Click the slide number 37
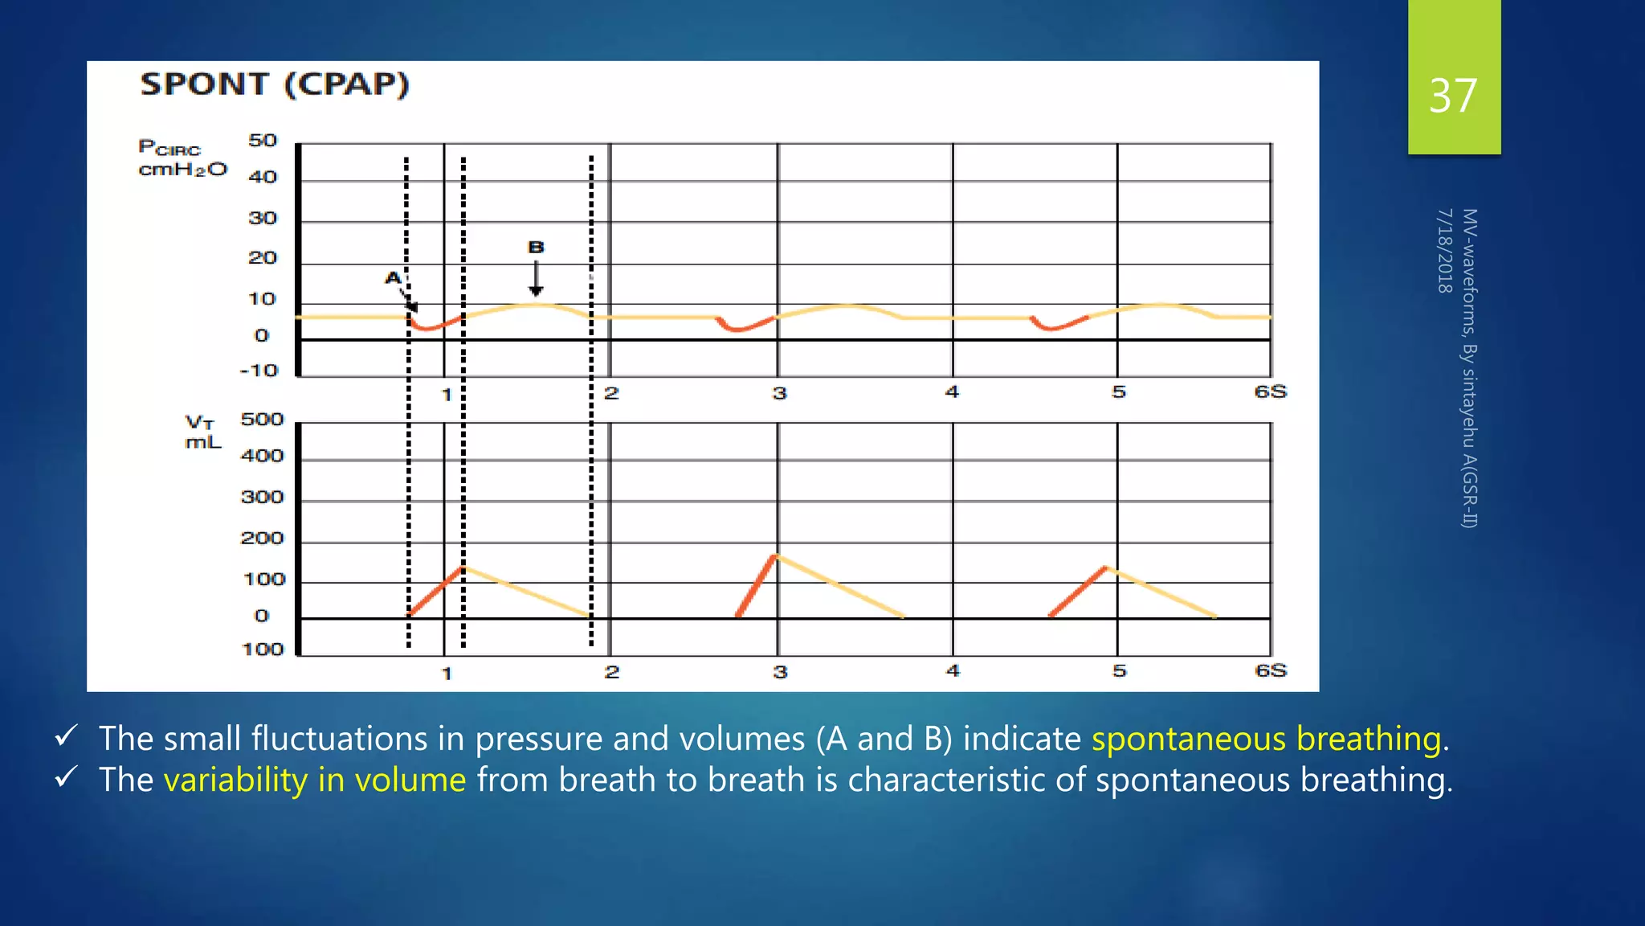[1452, 96]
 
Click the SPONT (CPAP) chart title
[275, 84]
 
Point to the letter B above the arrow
[536, 248]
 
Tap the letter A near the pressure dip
[392, 278]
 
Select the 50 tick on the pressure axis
[263, 141]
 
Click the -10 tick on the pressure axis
[259, 371]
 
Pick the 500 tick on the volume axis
[263, 420]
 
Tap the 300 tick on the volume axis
[263, 498]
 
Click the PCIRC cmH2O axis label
[182, 158]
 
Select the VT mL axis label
[202, 432]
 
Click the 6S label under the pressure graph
[1270, 391]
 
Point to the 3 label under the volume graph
[780, 672]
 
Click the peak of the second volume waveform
[775, 555]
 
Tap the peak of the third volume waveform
[1106, 567]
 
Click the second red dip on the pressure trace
[741, 327]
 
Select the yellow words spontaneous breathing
[1266, 739]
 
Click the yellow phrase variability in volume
[315, 780]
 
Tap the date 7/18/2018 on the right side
[1444, 251]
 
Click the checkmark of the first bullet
[67, 735]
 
